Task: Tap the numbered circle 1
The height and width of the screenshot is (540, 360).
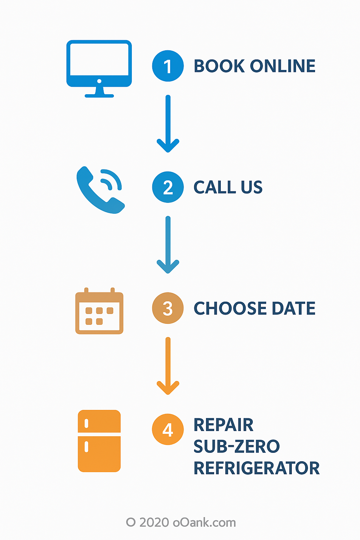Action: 168,66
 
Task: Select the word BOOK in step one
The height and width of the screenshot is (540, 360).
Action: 219,66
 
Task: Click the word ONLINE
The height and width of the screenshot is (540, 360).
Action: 283,66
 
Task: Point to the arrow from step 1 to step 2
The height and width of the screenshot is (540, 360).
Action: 168,123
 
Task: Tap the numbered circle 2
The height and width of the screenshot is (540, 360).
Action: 168,187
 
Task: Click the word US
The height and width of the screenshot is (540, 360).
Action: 252,187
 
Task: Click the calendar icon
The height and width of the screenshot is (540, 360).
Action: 99,311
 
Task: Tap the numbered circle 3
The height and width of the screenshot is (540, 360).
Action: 168,308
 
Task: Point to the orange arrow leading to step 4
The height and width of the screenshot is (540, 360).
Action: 168,366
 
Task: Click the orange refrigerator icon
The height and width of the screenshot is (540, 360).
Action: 99,441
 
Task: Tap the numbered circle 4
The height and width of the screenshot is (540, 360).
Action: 168,429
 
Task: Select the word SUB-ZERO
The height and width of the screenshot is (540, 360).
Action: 237,446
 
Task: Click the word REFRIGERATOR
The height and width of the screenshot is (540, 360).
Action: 257,468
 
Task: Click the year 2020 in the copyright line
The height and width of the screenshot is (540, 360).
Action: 154,522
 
